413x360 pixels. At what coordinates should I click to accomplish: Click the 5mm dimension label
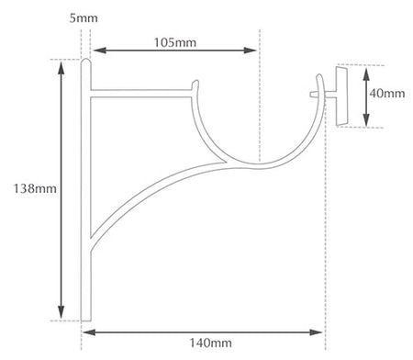pos(84,18)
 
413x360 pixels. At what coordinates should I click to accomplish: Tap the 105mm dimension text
pos(174,42)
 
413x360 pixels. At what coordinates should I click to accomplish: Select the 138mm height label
pos(35,188)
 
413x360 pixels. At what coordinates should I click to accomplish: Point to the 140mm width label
pos(210,343)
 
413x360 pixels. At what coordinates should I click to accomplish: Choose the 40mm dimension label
pos(387,93)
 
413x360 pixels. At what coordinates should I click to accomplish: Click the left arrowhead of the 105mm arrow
pos(99,51)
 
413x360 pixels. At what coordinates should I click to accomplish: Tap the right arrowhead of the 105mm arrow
pos(251,51)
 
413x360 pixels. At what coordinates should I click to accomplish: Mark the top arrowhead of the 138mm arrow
pos(61,68)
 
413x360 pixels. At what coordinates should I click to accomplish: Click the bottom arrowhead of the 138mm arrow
pos(61,312)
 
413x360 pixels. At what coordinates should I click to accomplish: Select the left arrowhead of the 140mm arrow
pos(89,332)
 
